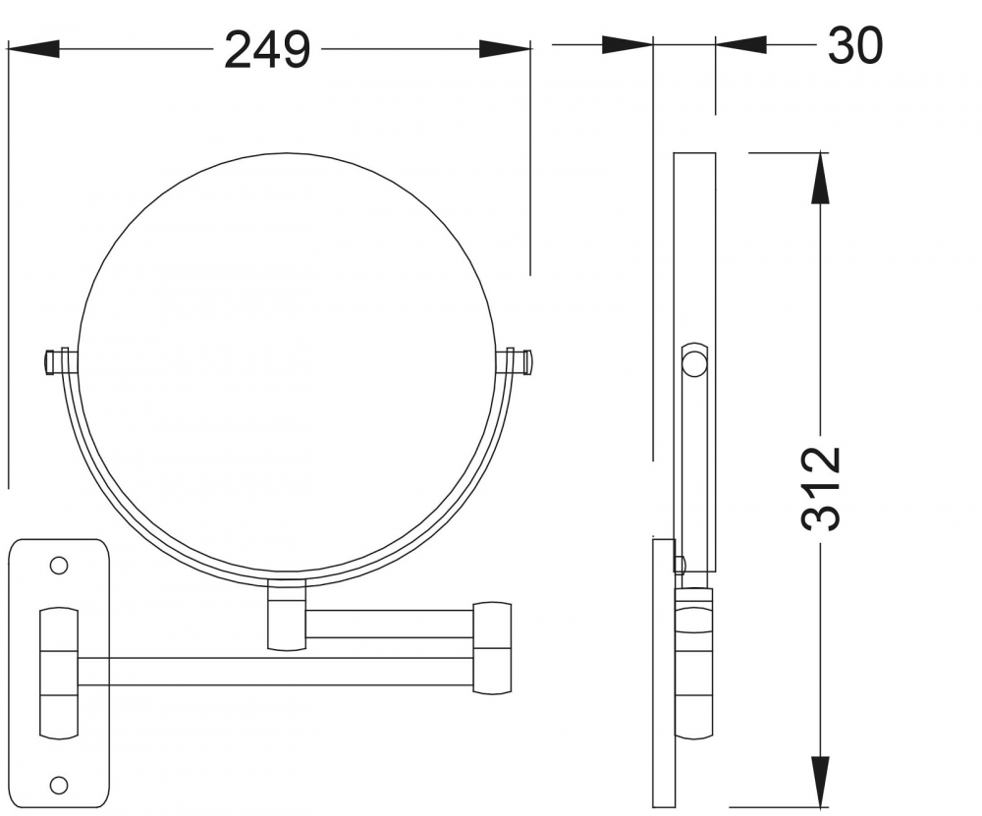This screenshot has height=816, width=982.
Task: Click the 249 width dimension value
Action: pos(267,50)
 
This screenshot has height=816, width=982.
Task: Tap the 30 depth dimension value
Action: pos(855,45)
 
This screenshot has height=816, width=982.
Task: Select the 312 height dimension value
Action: pos(821,488)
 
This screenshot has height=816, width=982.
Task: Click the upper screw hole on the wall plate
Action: pos(59,566)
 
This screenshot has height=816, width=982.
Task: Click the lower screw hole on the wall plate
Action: pos(59,784)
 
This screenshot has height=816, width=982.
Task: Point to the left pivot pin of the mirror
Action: pos(61,362)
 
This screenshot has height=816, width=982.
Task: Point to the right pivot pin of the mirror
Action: pos(516,362)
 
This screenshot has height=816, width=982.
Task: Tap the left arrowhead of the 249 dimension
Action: pos(33,49)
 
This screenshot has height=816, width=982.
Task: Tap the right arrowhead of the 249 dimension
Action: pos(506,49)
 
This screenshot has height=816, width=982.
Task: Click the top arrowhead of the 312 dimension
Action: pos(820,178)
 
